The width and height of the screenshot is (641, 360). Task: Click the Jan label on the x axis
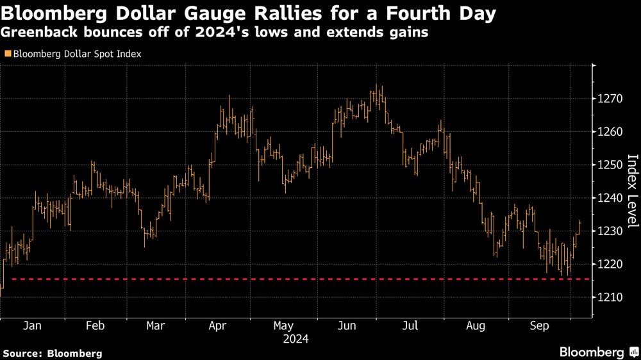pos(32,325)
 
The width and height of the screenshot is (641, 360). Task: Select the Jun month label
pos(347,325)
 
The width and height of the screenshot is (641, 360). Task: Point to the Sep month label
pos(539,325)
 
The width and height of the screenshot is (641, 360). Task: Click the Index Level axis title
pos(632,191)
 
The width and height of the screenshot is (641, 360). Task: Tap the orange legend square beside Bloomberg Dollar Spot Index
pos(7,54)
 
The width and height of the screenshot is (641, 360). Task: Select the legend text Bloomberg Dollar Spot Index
pos(76,54)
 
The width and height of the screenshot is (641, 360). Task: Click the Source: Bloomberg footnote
pos(52,353)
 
